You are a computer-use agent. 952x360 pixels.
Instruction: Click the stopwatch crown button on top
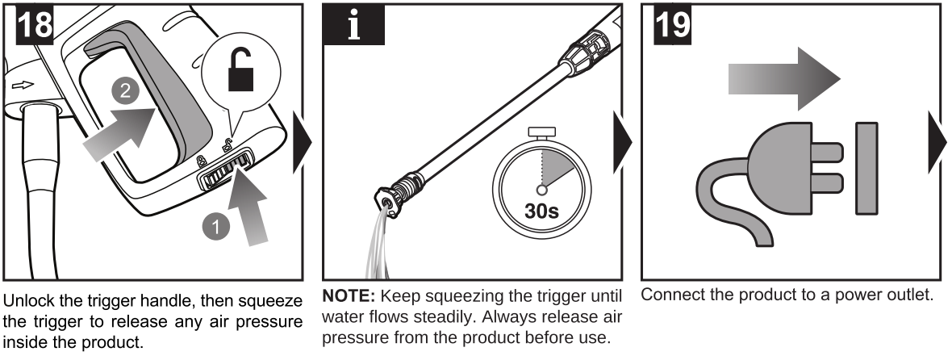click(x=541, y=131)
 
